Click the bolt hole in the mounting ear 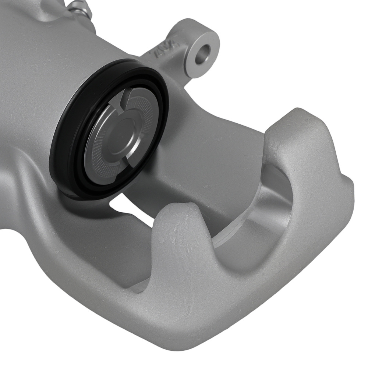click(202, 54)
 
